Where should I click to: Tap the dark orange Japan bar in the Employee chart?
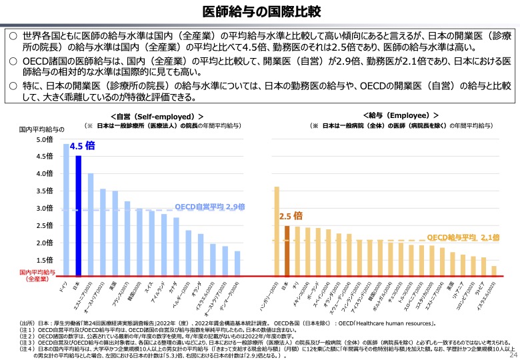coord(287,251)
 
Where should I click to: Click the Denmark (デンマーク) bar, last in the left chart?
coord(237,263)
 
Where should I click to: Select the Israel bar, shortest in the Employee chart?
coord(494,271)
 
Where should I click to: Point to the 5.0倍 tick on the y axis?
coord(43,140)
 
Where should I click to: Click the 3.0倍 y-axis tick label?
coord(43,209)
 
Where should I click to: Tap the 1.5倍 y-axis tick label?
coord(43,260)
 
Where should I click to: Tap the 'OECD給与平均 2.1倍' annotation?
coord(463,237)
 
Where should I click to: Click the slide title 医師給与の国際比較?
coord(260,11)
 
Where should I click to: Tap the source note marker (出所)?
coord(27,323)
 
